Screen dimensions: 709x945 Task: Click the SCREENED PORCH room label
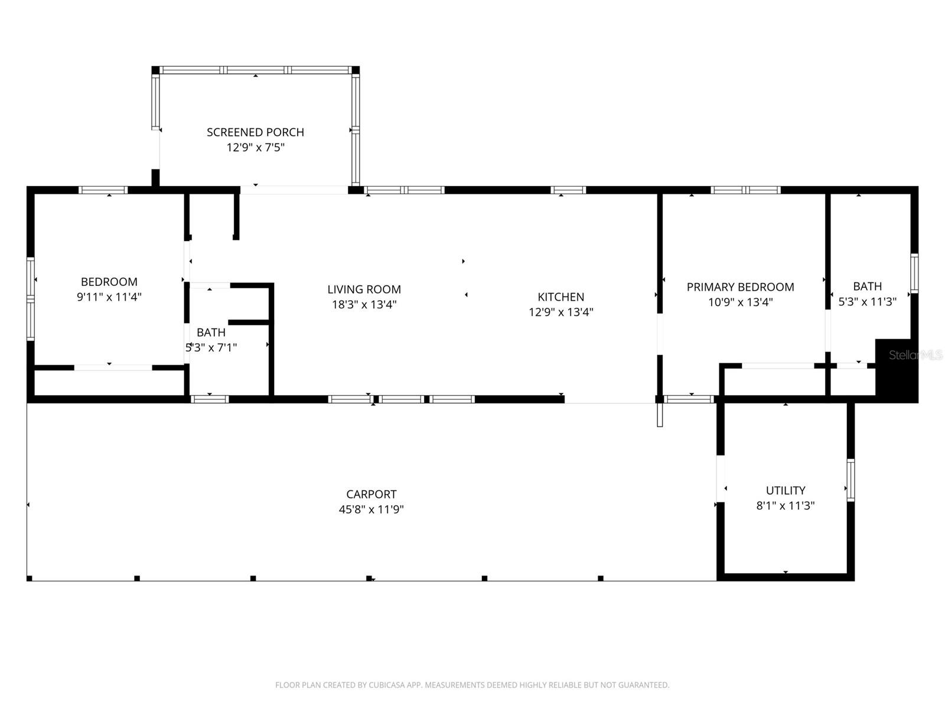(255, 132)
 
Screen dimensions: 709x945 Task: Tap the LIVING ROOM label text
(364, 290)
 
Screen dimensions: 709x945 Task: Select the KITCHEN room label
(561, 297)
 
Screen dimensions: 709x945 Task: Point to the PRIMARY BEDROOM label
(740, 287)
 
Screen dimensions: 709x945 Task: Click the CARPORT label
(371, 494)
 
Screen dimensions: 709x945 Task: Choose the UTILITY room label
(786, 490)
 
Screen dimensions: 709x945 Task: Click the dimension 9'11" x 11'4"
(109, 297)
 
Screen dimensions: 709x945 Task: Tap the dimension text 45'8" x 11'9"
(371, 509)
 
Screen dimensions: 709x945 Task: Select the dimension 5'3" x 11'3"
(867, 302)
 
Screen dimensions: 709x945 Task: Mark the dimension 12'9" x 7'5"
(255, 148)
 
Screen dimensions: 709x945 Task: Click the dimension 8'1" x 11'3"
(786, 506)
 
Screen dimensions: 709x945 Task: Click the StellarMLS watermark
(915, 355)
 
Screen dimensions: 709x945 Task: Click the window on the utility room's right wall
(850, 480)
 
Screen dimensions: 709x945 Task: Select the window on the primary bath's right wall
(914, 273)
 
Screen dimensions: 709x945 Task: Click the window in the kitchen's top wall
(568, 190)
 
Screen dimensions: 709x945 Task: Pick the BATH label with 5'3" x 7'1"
(211, 333)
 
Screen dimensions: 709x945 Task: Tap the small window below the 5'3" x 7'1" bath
(210, 399)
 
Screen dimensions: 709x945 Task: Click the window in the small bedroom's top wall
(103, 190)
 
